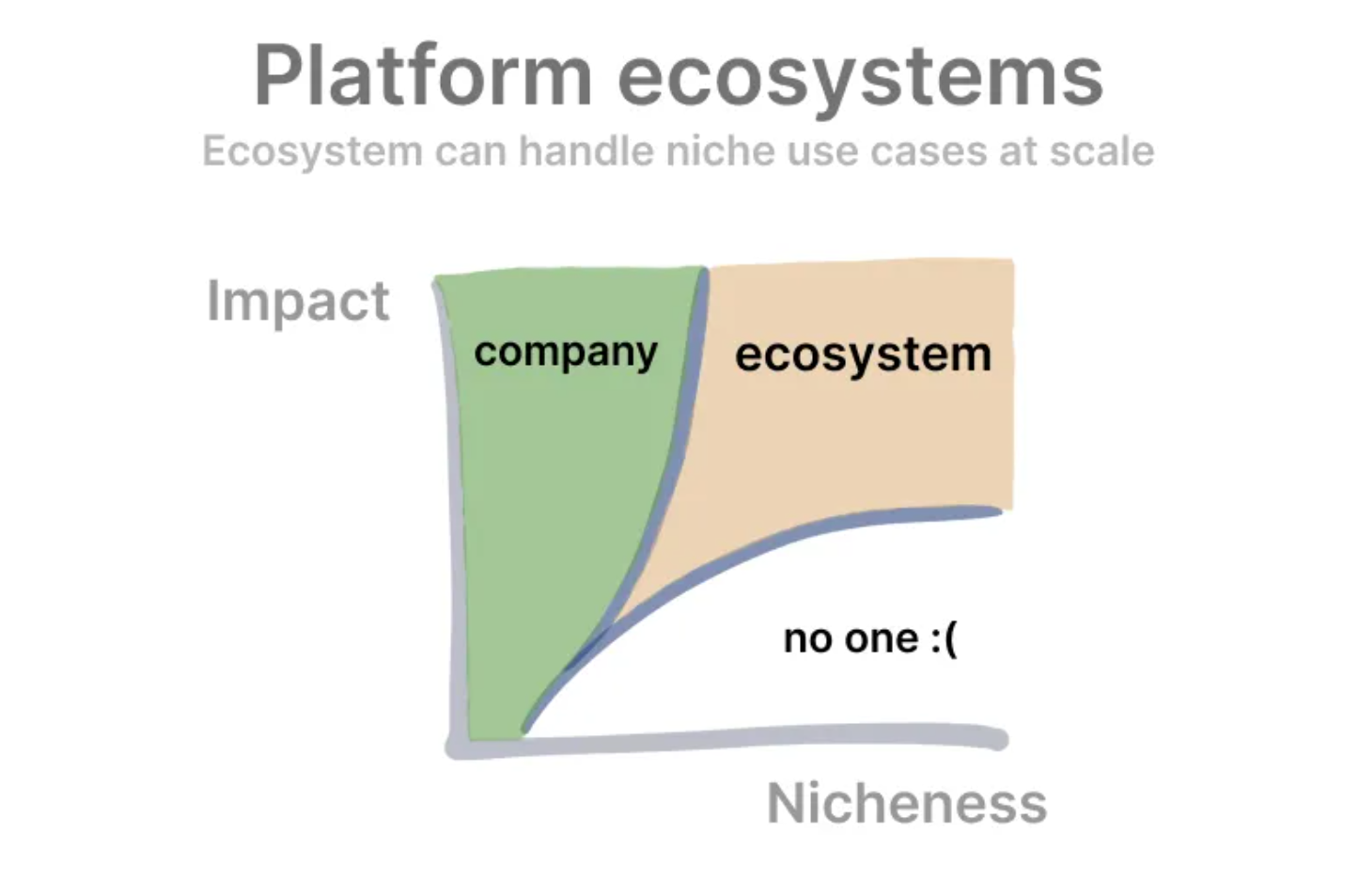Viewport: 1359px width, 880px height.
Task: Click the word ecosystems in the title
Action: coord(860,77)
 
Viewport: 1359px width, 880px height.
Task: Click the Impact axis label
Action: coord(298,302)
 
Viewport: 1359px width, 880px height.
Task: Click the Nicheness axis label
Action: coord(906,803)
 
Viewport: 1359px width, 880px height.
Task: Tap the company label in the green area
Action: coord(566,353)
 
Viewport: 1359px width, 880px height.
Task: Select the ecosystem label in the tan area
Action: coord(863,354)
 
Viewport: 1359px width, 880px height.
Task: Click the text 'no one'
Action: coord(851,638)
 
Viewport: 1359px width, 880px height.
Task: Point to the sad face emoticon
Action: coord(945,639)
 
